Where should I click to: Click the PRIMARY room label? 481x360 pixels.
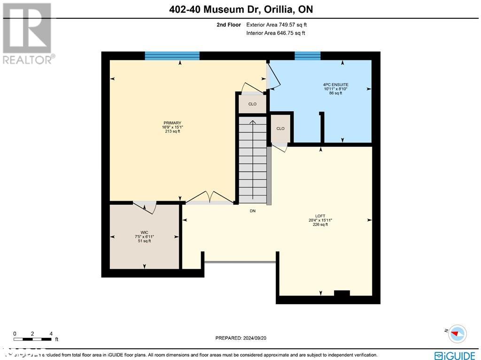click(171, 123)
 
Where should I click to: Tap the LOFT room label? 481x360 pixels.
click(320, 216)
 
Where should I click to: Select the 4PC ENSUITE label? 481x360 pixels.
click(335, 85)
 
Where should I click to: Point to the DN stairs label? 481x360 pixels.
click(252, 211)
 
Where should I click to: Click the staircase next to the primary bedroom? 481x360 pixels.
click(253, 160)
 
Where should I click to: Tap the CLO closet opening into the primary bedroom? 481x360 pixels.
click(252, 104)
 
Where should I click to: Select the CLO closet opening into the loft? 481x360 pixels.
click(280, 128)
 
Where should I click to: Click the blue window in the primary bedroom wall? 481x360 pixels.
click(172, 56)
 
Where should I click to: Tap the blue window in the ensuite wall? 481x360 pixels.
click(307, 56)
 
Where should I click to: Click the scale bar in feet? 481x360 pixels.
click(33, 338)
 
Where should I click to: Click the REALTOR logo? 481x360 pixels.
click(27, 33)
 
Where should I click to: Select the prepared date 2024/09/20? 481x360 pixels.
click(240, 338)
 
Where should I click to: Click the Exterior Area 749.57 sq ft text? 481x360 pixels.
click(276, 25)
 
